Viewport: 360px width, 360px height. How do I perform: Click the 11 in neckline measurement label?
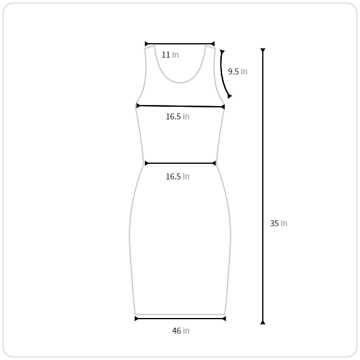[170, 55]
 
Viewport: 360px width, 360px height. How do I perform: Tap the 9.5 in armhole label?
[238, 71]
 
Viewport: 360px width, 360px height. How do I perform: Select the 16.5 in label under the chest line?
[178, 116]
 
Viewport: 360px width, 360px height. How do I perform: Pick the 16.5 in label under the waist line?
[178, 176]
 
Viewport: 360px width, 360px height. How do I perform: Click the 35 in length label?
[278, 223]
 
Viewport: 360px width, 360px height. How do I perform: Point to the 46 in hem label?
[181, 331]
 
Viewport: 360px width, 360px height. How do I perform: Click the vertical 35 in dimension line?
[263, 186]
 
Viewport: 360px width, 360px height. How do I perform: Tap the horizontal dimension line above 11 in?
[180, 44]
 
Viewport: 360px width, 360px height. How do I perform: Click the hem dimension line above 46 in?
[180, 319]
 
